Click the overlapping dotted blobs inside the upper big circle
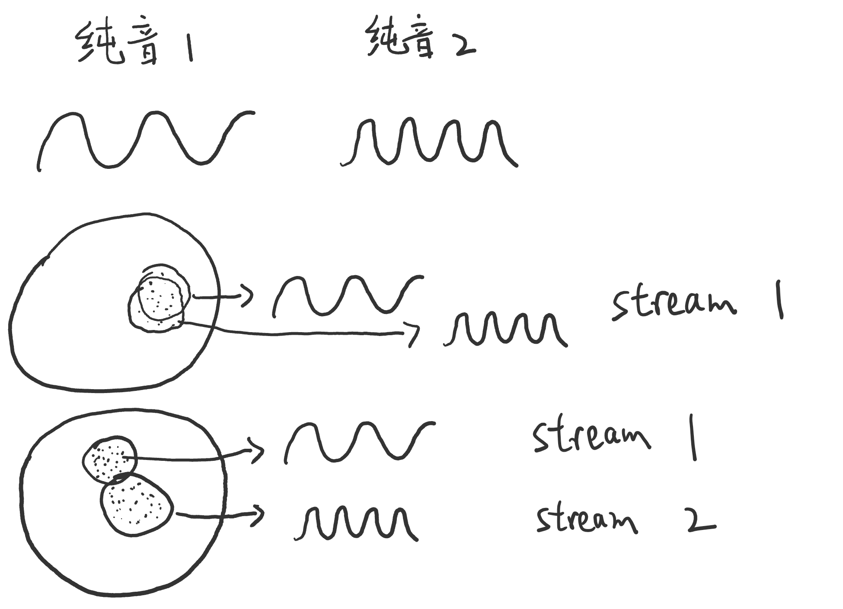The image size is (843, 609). pos(159,298)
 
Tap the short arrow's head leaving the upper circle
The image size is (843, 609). pos(247,296)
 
